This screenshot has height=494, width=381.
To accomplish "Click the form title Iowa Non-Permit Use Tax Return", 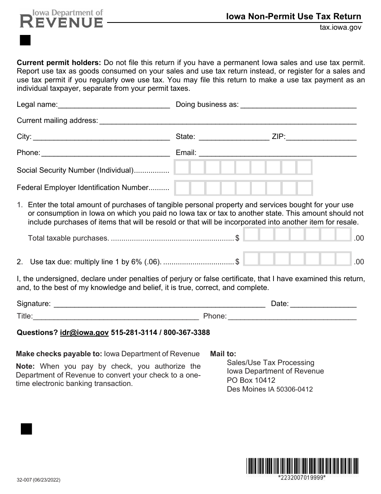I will coord(294,16).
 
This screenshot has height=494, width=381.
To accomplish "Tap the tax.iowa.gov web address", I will coord(340,28).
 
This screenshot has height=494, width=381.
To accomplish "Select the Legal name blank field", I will coord(114,105).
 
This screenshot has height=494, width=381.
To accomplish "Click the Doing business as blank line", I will coord(298,105).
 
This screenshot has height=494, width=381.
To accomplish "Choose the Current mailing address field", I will coord(227,121).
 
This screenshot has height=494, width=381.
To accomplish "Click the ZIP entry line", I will coord(321,137).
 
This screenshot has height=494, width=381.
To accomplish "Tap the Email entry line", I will coord(278,153).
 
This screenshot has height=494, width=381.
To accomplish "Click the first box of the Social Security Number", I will coord(182,167).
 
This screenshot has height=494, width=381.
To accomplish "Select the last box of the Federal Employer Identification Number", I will coord(304,188).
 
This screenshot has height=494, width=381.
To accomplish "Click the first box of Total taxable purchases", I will coord(251,235).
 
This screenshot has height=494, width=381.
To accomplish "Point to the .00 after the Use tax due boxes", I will coord(359,262).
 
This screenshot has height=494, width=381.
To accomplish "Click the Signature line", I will coord(159,304).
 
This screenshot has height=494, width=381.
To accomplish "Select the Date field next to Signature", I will coord(323,304).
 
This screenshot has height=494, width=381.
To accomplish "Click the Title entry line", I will coord(116,317).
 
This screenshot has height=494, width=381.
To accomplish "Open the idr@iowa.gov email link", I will coord(84,333).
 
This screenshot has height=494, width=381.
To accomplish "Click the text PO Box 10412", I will coord(251,380).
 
